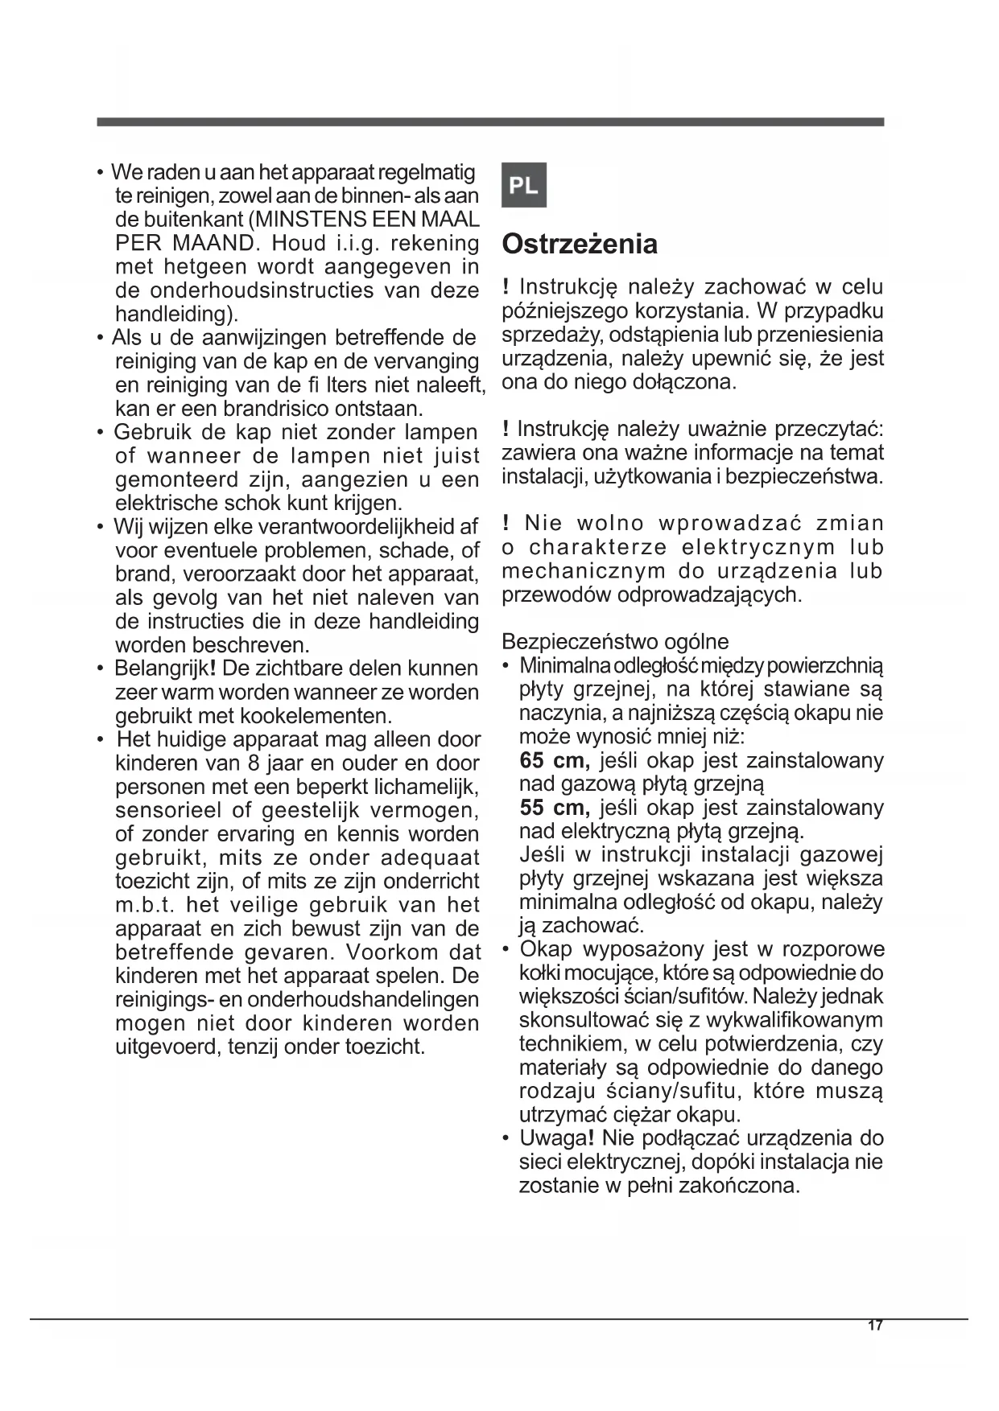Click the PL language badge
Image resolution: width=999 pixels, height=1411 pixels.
[523, 186]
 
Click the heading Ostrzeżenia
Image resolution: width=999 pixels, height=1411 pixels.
[579, 244]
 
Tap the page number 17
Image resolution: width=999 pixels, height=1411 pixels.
[875, 1326]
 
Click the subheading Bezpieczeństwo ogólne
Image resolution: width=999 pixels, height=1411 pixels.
[614, 642]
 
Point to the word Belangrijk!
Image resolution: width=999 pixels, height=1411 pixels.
[165, 668]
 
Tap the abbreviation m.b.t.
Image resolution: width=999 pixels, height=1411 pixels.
[145, 905]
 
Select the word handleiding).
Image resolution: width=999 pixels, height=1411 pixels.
[176, 314]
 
